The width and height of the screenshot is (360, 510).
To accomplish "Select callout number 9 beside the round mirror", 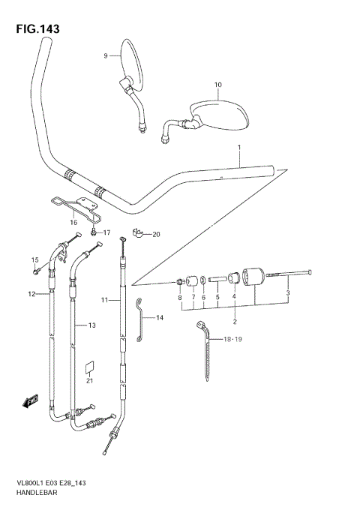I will tap(106, 55).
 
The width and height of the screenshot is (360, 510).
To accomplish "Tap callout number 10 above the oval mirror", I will tap(217, 84).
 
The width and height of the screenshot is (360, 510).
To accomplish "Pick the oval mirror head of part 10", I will tap(222, 112).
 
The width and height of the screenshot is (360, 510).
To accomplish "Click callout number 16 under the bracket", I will tap(73, 223).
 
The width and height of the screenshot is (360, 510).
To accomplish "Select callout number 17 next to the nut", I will tap(106, 232).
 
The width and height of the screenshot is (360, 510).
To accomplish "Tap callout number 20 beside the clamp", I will tap(156, 235).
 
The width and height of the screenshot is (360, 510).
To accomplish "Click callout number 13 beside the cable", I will tap(91, 325).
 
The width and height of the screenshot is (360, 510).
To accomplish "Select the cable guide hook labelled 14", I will tap(139, 319).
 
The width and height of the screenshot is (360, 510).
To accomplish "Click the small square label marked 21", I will tap(89, 367).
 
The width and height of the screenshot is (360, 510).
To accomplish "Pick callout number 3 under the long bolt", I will tap(288, 292).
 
